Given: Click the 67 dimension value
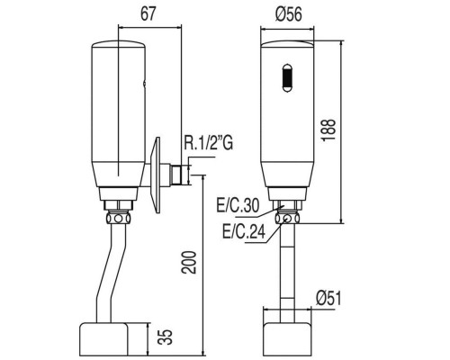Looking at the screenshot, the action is (x=148, y=14).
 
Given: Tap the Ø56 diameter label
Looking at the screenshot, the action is (x=288, y=14).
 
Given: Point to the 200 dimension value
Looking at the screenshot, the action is (x=189, y=262).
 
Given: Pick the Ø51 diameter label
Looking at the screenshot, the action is (x=328, y=299).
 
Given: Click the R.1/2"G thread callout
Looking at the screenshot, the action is (x=208, y=144).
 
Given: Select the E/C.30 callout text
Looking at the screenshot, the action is (x=238, y=206).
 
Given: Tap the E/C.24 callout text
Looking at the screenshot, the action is (x=244, y=231).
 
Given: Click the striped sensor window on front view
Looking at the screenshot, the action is (x=287, y=77).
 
